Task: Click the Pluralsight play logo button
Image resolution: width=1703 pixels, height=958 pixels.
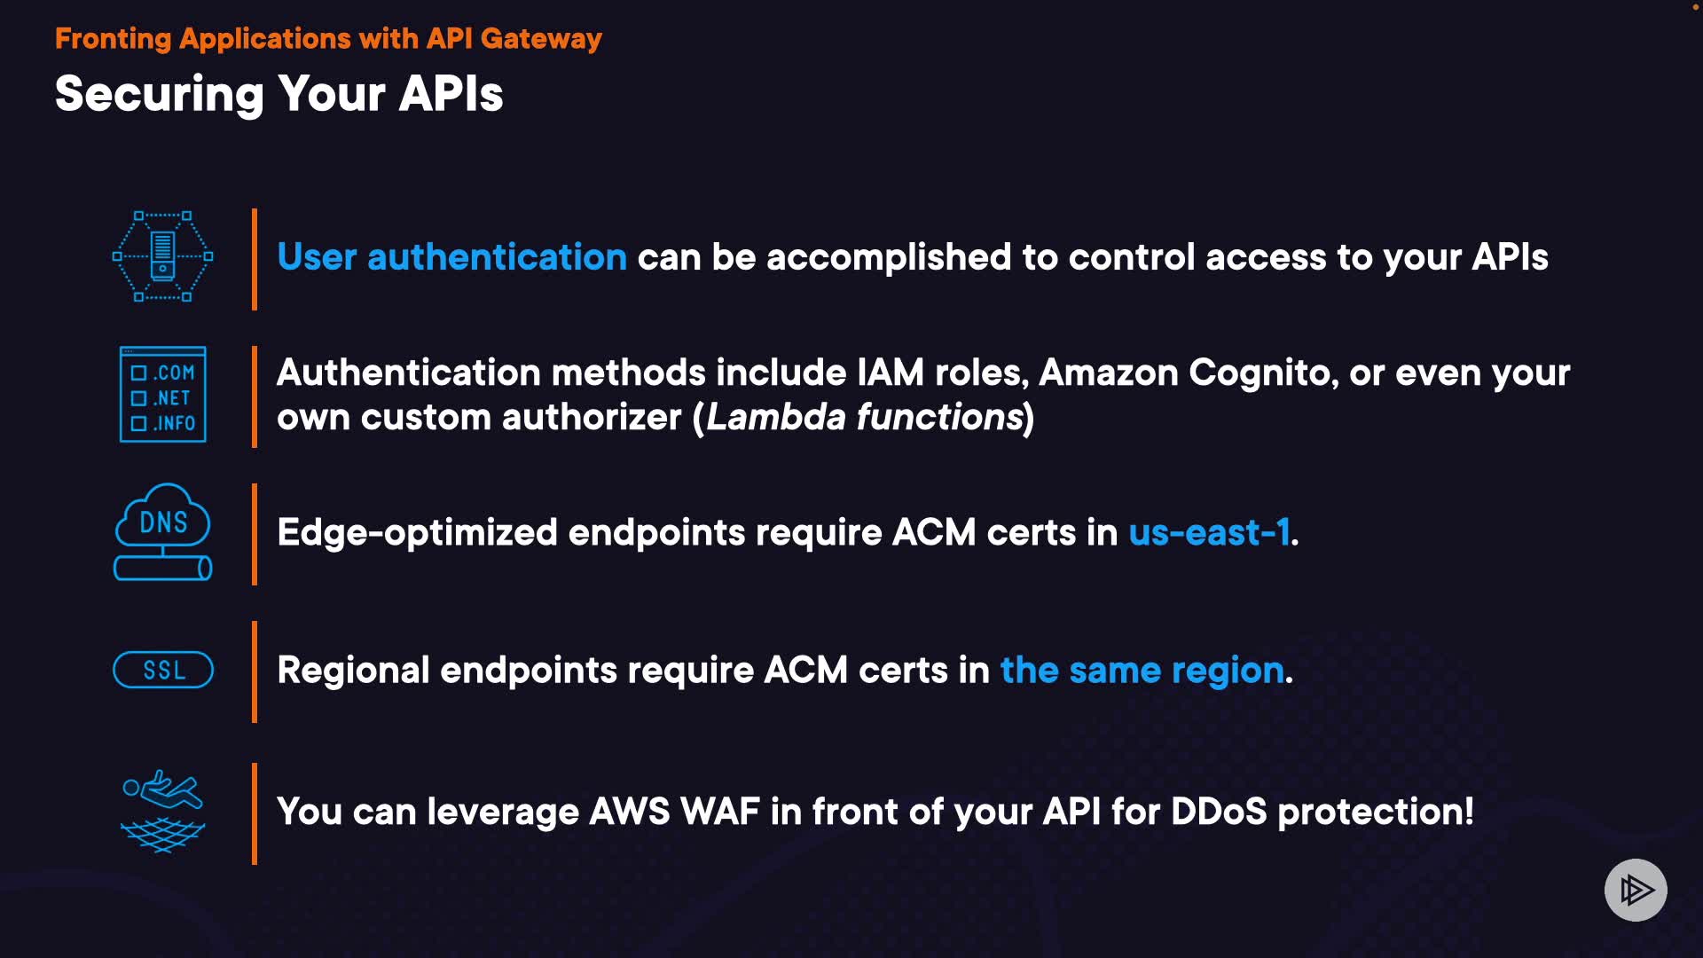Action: click(1636, 890)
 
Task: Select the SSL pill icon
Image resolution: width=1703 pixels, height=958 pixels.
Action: click(163, 670)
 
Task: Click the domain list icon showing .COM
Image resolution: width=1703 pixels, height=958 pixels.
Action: click(163, 395)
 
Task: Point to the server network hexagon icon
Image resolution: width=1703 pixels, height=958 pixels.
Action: click(163, 256)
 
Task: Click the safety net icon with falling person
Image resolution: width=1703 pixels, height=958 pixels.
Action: click(163, 811)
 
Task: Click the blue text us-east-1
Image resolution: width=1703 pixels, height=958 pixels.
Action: click(1209, 532)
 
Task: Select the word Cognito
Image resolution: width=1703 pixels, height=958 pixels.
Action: click(1263, 373)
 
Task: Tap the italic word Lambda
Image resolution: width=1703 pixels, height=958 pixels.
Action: click(776, 417)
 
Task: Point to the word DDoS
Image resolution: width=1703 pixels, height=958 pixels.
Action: click(1219, 812)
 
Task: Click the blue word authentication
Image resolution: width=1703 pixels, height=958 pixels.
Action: click(497, 257)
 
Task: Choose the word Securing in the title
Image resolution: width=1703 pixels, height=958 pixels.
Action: click(160, 94)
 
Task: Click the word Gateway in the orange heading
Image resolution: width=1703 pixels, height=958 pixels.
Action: click(541, 39)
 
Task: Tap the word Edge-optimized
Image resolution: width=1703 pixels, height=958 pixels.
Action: click(417, 533)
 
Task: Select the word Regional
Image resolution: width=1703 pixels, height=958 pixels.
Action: click(353, 671)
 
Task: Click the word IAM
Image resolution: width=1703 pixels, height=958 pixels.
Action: click(891, 373)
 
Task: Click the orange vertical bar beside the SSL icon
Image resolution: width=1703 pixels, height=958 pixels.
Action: click(255, 671)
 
